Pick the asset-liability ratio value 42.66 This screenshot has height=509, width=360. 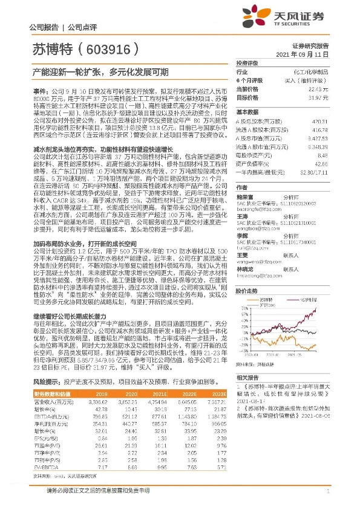[322, 163]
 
